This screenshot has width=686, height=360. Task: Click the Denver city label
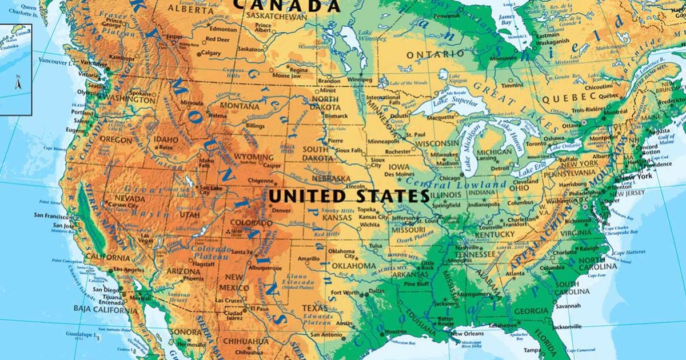(x=282, y=210)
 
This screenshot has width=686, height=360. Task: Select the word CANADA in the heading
(x=287, y=5)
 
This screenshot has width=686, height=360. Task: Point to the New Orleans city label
(x=468, y=334)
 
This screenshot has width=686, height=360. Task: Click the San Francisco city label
(x=52, y=215)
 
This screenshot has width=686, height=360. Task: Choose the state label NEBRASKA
(x=330, y=179)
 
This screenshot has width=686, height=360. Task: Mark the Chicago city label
(x=450, y=178)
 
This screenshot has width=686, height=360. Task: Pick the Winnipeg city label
(x=360, y=79)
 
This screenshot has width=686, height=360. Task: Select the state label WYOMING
(x=254, y=157)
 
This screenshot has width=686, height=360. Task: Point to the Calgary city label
(x=212, y=53)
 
